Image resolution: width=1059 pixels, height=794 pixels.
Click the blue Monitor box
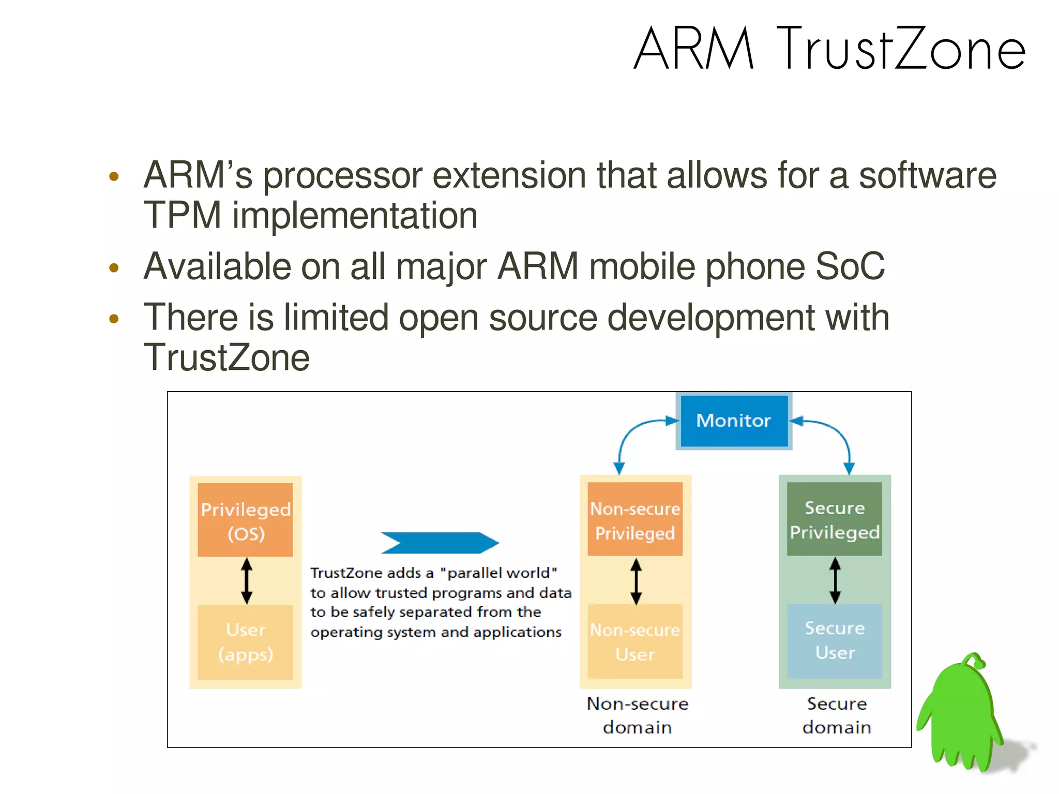(733, 421)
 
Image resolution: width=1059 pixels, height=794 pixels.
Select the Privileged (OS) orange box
(245, 520)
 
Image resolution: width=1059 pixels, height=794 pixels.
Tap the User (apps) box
(245, 642)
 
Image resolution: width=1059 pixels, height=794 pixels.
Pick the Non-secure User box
(635, 642)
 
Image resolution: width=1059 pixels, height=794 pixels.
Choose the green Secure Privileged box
(834, 519)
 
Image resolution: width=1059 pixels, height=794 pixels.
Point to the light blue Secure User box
(834, 641)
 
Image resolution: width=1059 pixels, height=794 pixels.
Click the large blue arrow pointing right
(440, 543)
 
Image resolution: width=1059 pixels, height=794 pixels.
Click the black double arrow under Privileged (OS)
(247, 581)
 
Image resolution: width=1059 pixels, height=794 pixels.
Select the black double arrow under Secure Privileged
(835, 580)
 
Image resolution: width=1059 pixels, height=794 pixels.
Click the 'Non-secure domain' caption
(637, 715)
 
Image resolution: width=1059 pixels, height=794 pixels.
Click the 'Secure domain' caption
(836, 715)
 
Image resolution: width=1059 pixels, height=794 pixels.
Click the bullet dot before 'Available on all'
(114, 268)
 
